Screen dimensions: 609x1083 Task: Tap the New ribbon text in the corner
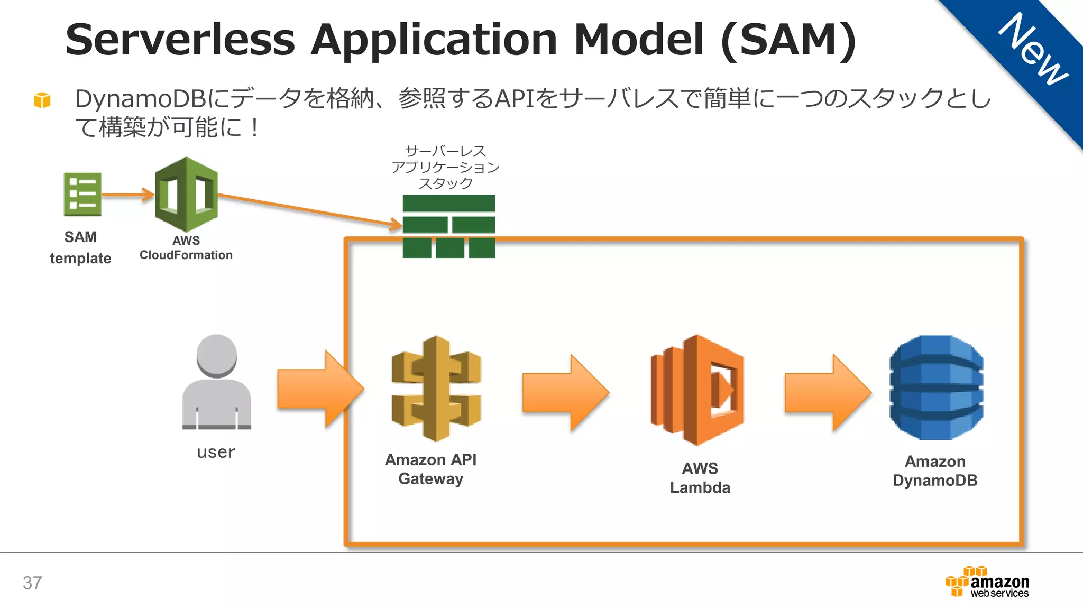tap(1033, 50)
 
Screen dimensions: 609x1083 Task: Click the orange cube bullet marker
tap(42, 99)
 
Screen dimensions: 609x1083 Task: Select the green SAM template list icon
tap(82, 194)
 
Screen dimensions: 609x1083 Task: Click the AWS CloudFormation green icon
tap(186, 194)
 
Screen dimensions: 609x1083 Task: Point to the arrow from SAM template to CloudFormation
tap(127, 195)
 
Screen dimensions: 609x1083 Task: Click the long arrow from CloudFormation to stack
tap(309, 210)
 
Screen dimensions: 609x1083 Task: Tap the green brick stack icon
tap(448, 226)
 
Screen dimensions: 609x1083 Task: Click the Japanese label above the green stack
tap(445, 167)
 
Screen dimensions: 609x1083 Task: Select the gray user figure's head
tap(216, 355)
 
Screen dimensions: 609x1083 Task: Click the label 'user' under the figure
tap(216, 452)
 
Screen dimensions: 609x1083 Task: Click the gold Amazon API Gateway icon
tap(436, 389)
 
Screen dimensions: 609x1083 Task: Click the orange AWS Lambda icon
tap(697, 390)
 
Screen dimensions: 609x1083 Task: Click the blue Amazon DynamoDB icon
tap(936, 387)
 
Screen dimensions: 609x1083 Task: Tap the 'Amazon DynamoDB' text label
tap(935, 470)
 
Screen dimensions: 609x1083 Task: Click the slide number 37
tap(32, 583)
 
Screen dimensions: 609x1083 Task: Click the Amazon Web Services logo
tap(987, 582)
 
